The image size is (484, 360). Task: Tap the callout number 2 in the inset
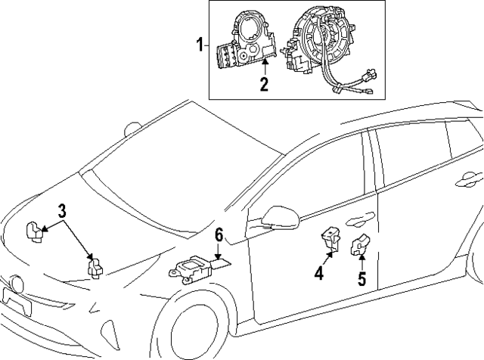(x=264, y=84)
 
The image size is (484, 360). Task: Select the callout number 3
(x=64, y=210)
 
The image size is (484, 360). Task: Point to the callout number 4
(x=319, y=275)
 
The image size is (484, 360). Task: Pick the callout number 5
(x=361, y=279)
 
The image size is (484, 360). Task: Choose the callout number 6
(x=219, y=236)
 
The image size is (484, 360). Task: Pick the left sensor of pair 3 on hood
(x=33, y=231)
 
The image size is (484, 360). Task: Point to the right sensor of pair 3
(x=96, y=266)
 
